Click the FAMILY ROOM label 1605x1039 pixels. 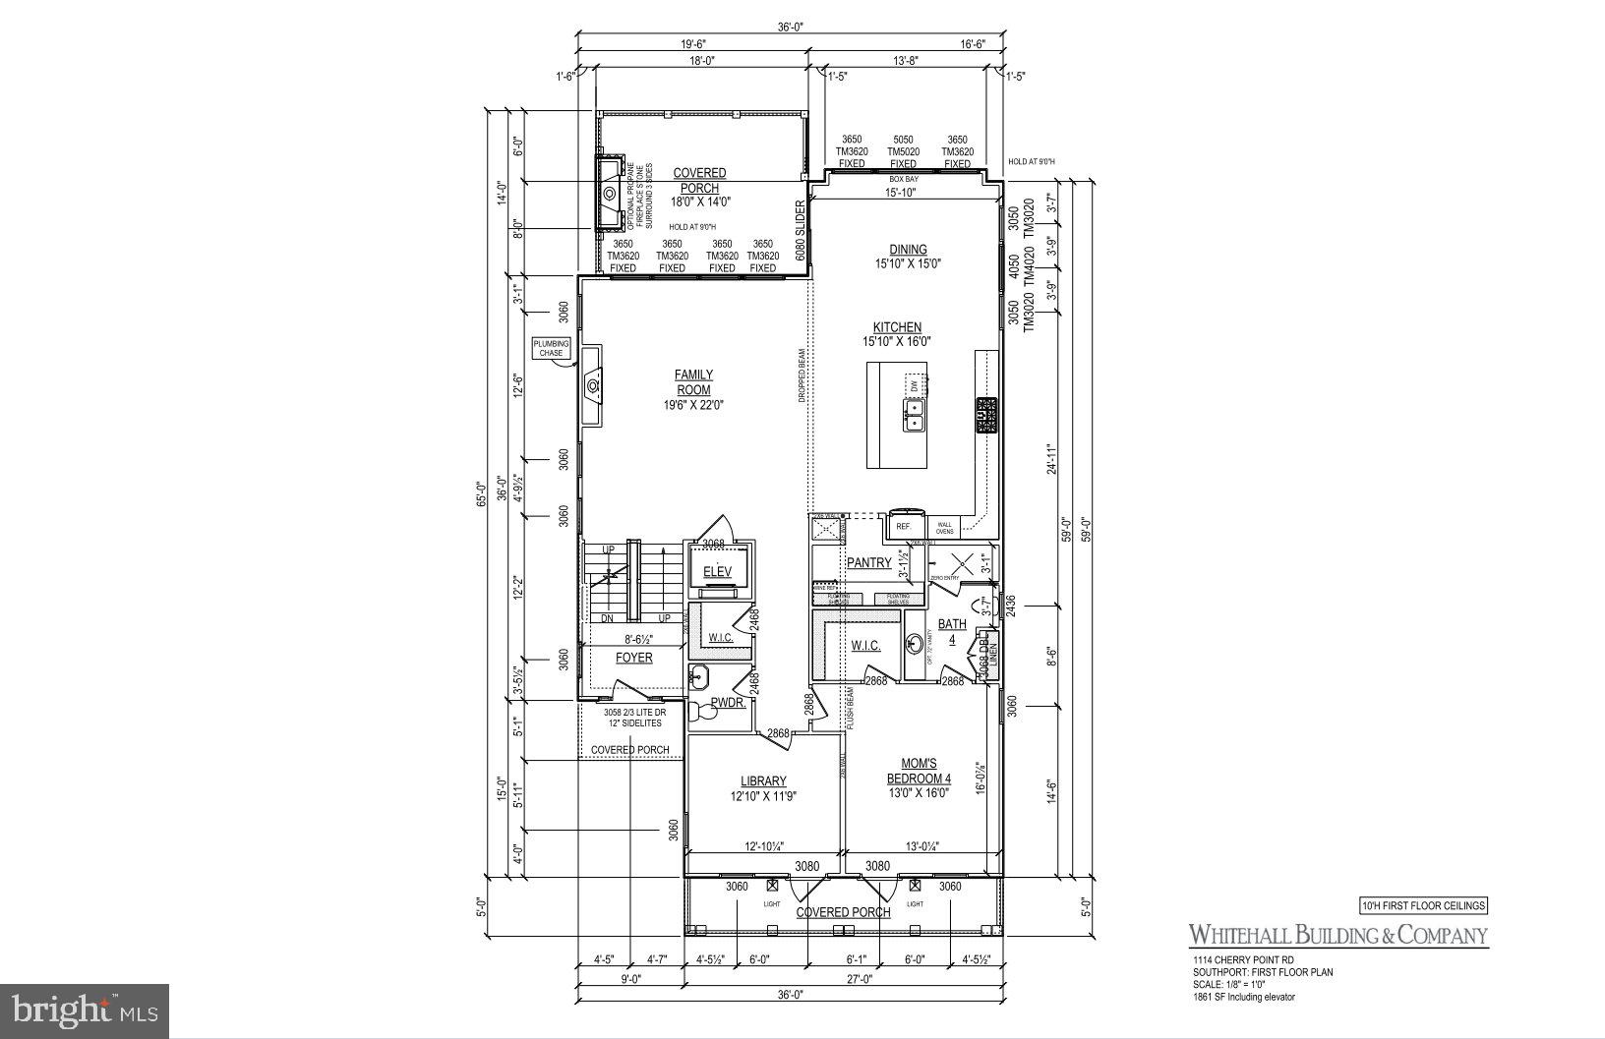coord(693,382)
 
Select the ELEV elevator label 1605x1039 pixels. coord(717,572)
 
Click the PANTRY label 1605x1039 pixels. coord(868,563)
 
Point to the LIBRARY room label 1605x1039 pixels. coord(763,781)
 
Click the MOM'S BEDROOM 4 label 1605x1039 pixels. coord(919,771)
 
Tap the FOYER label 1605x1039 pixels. coord(633,658)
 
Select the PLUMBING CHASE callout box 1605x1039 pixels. coord(551,348)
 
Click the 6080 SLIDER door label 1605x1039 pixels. coord(801,230)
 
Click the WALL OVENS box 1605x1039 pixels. coord(944,528)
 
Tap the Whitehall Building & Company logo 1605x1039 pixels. coord(1337,935)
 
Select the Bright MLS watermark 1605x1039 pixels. coord(84,1010)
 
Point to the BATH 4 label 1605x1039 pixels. coord(951,631)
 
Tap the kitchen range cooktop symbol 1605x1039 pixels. coord(985,415)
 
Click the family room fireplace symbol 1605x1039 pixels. coord(593,386)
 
